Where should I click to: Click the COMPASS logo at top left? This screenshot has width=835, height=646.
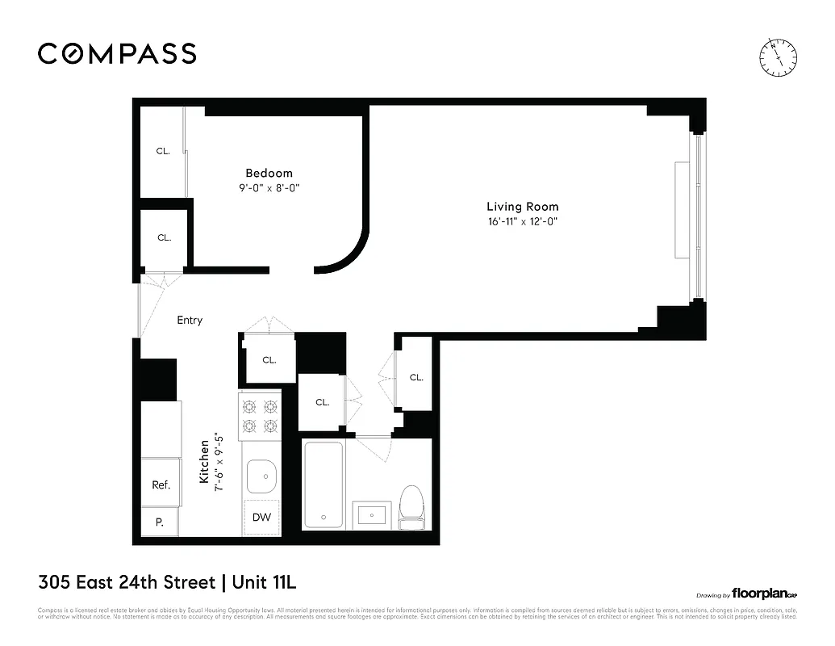(117, 54)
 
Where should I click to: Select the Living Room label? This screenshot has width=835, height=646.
(522, 207)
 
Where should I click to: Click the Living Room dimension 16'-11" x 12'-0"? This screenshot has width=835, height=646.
(522, 221)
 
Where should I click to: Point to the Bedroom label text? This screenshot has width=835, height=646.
(269, 173)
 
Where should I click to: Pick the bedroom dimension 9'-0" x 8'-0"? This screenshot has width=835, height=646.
(269, 187)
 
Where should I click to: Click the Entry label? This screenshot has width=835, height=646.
(190, 321)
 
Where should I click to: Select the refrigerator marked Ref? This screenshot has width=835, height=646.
(161, 484)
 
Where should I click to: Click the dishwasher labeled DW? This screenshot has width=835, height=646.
(261, 517)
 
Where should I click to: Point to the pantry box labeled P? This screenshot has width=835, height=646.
(160, 522)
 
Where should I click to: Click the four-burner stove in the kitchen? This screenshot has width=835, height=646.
(260, 415)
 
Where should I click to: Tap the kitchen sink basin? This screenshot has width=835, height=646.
(261, 476)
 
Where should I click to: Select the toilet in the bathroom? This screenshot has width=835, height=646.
(411, 506)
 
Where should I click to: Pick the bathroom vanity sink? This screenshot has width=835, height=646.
(371, 512)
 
